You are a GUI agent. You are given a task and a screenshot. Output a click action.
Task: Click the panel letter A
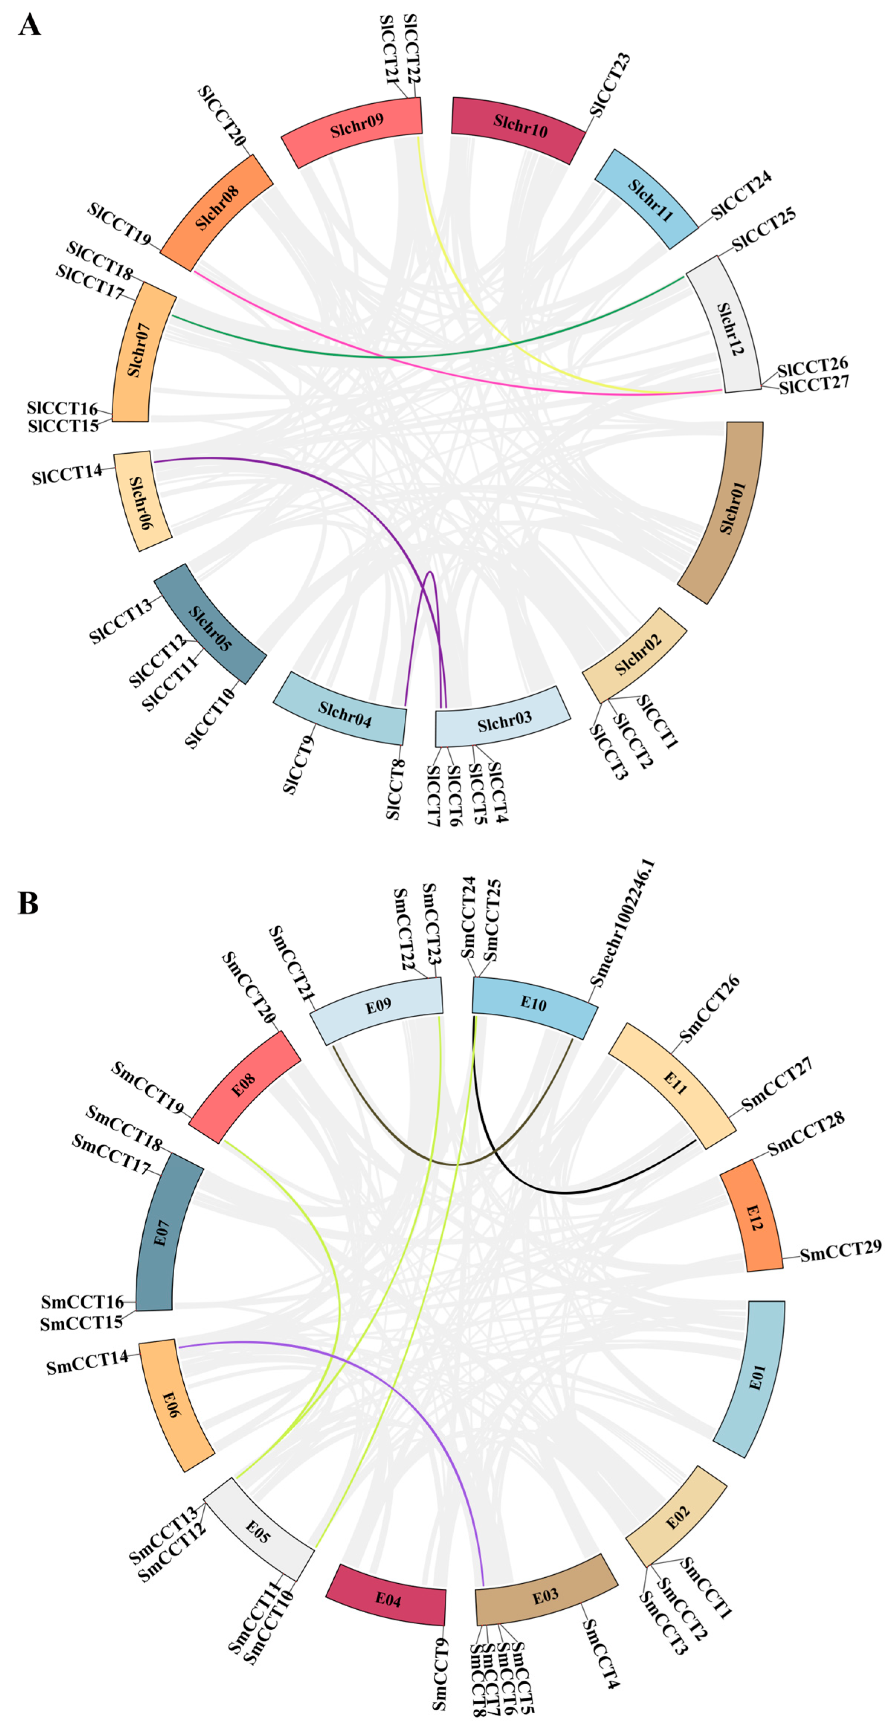click(30, 26)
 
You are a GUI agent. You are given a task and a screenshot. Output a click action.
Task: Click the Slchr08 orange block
click(217, 212)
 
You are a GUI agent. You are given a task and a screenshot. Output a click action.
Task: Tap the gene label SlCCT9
click(299, 765)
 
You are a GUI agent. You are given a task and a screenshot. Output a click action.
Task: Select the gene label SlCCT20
click(221, 116)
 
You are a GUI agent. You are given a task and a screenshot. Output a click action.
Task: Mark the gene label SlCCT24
click(741, 195)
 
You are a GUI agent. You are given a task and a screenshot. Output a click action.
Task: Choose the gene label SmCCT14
click(87, 1364)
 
